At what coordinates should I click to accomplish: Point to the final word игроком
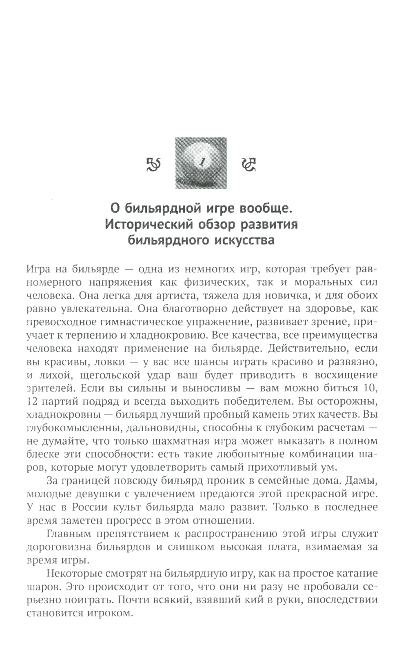click(111, 613)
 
